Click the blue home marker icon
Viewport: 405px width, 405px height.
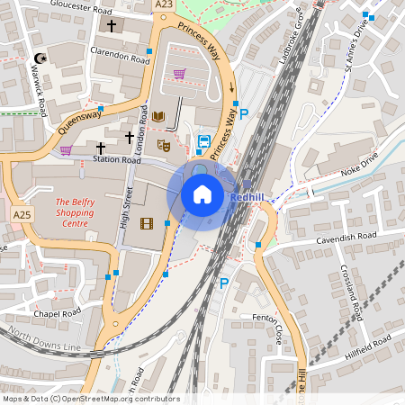click(x=202, y=193)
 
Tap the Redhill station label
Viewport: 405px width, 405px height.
click(x=246, y=197)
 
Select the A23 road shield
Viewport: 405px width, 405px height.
click(x=163, y=4)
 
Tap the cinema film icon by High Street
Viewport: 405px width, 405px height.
click(x=147, y=223)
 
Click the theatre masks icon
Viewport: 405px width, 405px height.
click(x=164, y=144)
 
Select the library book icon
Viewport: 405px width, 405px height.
click(x=158, y=117)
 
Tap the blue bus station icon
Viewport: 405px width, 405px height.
click(x=203, y=141)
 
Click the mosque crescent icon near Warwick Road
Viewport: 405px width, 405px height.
click(x=38, y=58)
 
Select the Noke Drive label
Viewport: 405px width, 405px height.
click(x=360, y=168)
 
